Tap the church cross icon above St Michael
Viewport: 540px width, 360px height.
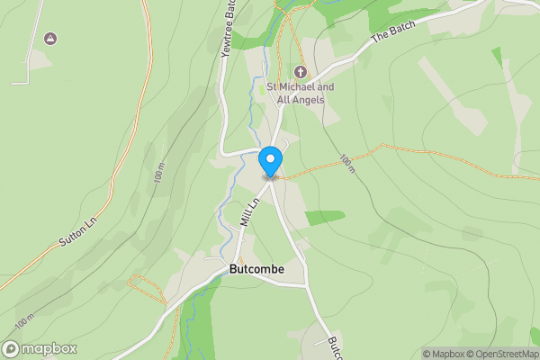click(x=301, y=72)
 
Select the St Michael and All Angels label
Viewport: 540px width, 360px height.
click(x=301, y=93)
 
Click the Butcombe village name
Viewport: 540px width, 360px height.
click(x=257, y=269)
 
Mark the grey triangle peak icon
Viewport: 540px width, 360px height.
click(x=49, y=39)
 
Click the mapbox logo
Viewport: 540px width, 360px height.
click(x=40, y=349)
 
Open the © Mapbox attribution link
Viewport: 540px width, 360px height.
click(x=445, y=354)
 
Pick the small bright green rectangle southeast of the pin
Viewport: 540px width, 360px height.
click(x=325, y=217)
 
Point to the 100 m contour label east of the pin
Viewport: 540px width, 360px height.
click(x=347, y=164)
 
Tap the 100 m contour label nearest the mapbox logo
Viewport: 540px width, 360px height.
click(x=24, y=320)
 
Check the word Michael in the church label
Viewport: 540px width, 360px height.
click(x=303, y=87)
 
